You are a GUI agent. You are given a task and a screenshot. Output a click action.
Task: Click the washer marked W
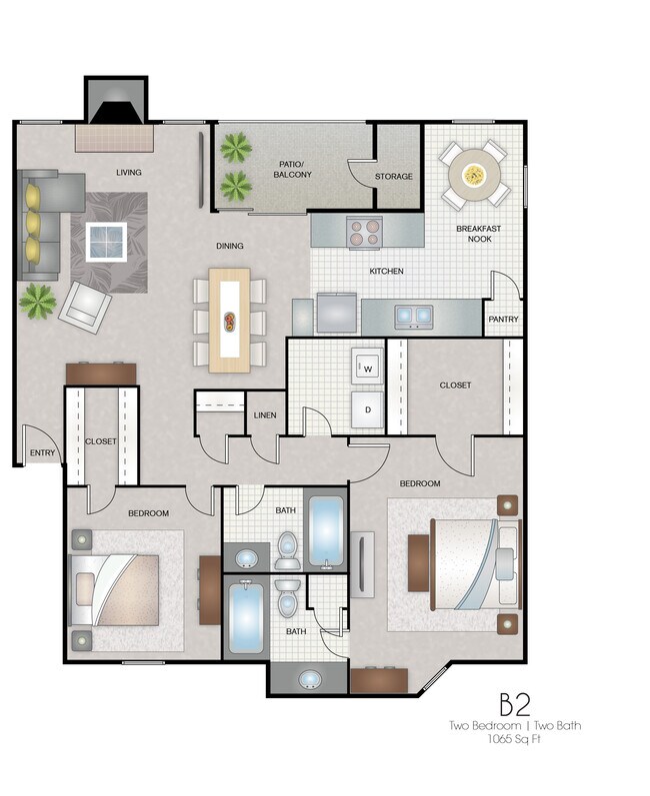tap(366, 367)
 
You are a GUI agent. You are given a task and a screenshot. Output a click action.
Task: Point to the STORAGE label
tap(393, 177)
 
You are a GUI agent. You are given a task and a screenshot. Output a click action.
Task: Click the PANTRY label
tap(502, 320)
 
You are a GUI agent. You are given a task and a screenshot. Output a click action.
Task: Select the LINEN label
tap(265, 415)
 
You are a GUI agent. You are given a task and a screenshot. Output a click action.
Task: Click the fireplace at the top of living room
tap(111, 104)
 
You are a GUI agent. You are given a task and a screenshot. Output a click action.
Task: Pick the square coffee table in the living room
tap(105, 240)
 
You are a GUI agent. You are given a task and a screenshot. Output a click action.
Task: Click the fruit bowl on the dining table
tap(231, 322)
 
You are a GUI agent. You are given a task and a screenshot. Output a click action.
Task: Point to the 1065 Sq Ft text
tap(516, 742)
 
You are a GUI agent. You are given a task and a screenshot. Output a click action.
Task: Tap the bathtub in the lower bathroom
tap(245, 619)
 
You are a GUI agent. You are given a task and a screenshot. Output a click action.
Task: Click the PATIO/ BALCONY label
tap(293, 168)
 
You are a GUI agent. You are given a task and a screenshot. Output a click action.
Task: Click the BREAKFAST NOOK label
tap(478, 234)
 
